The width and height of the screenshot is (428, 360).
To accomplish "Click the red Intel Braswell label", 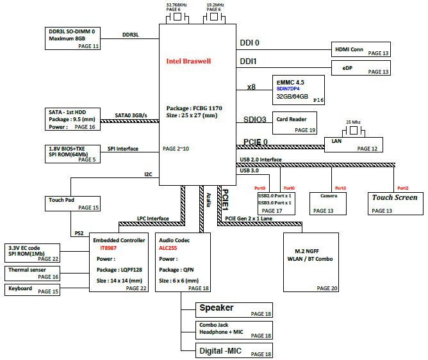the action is click(188, 61).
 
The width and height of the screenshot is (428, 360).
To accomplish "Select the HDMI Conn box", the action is click(361, 49).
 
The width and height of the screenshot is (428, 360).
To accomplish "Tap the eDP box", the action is click(361, 68).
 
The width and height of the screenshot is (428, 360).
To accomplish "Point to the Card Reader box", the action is click(295, 123).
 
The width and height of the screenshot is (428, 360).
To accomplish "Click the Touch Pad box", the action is click(72, 204).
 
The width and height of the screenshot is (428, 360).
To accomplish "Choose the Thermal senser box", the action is click(32, 274).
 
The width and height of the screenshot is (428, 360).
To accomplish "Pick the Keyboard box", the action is click(32, 290).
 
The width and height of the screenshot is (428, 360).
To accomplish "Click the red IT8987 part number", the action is click(108, 248).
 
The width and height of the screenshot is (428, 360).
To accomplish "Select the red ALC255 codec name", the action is click(168, 248).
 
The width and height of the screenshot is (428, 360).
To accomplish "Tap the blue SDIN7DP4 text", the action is click(288, 88).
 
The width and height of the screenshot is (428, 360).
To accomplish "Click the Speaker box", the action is click(234, 310).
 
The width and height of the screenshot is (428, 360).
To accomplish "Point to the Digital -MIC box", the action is click(234, 350).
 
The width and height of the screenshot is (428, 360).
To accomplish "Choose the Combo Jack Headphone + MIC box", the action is click(234, 331).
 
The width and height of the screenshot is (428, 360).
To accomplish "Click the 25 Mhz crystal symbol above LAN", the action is click(354, 131).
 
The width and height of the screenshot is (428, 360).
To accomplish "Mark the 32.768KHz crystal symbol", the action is click(177, 17).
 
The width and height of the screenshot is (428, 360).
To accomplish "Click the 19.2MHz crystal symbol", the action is click(214, 17).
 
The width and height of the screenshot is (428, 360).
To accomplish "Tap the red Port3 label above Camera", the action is click(340, 188).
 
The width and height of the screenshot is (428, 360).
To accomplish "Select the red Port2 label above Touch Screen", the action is click(402, 188).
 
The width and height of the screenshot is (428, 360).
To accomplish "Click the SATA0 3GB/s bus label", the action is click(131, 115).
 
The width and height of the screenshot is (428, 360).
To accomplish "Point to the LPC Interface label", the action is click(153, 218).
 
